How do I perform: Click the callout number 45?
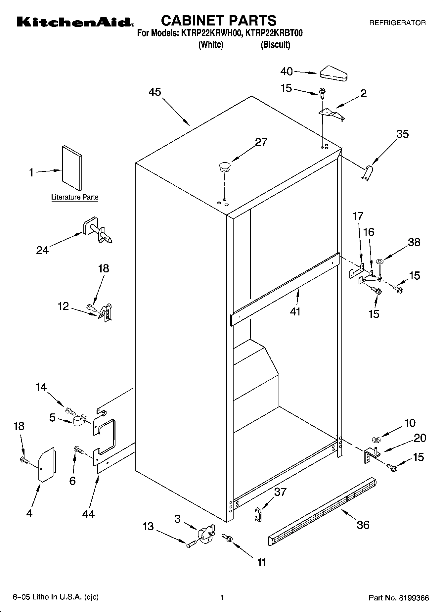pos(155,92)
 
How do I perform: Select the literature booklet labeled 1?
pos(72,168)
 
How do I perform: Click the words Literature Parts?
pos(75,197)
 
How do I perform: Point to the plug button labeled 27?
pos(224,166)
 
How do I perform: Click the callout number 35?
pos(402,134)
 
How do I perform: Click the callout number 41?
pos(295,311)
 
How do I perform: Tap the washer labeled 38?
pos(379,262)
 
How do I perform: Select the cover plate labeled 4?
pos(47,464)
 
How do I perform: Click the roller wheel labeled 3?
pos(205,534)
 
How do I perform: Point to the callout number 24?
pos(42,250)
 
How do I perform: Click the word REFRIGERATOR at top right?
pos(397,23)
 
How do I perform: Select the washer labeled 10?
pos(376,440)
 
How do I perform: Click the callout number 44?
pos(88,514)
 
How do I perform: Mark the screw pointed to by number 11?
pos(227,537)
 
